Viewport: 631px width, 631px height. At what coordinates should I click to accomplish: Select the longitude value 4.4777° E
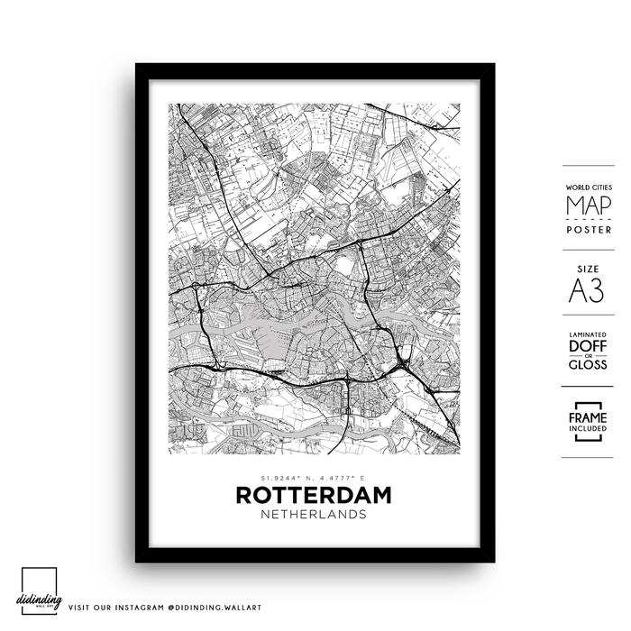tap(345, 478)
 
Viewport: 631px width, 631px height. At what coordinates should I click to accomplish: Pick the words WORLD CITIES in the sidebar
tap(587, 187)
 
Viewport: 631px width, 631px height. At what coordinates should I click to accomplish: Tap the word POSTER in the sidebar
tap(587, 229)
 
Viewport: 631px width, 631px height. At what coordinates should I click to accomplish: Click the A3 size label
tap(587, 290)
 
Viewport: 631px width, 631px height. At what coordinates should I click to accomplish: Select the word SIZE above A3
tap(587, 269)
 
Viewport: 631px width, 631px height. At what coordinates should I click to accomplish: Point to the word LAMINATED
tap(587, 334)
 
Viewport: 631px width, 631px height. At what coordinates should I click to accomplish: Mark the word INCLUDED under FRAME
tap(587, 430)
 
